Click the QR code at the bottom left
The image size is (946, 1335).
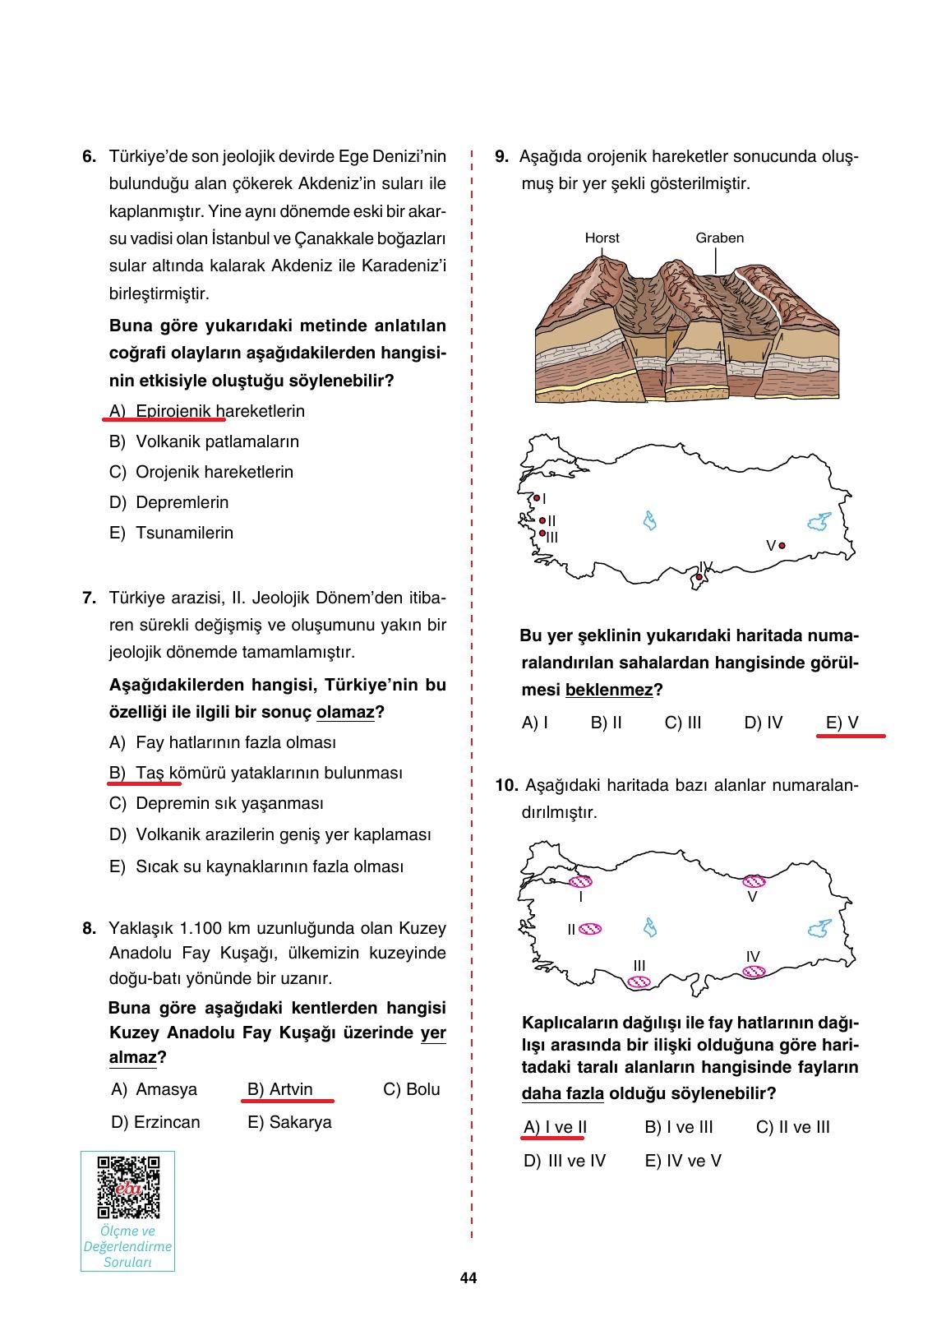tap(127, 1187)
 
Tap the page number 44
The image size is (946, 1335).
tap(468, 1278)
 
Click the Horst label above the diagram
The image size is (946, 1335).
tap(602, 238)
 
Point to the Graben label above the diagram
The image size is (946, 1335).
tap(719, 238)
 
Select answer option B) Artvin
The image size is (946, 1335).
tap(280, 1089)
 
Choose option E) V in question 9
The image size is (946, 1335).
tap(842, 723)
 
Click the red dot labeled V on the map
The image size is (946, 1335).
tap(782, 546)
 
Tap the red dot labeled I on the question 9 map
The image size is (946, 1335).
tap(537, 498)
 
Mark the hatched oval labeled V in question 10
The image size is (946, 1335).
tap(753, 882)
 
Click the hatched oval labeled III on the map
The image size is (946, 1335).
tap(639, 982)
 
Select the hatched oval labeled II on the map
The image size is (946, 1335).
tap(590, 929)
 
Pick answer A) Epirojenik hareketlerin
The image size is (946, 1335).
tap(207, 411)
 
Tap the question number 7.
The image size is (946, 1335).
tap(90, 598)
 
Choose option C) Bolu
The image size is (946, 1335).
tap(412, 1089)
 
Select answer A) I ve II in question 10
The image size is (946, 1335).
tap(555, 1127)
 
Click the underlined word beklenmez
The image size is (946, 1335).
tap(609, 690)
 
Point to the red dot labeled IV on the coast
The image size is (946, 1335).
tap(699, 577)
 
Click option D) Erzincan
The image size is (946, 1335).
tap(155, 1122)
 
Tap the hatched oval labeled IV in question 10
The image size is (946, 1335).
tap(754, 972)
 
